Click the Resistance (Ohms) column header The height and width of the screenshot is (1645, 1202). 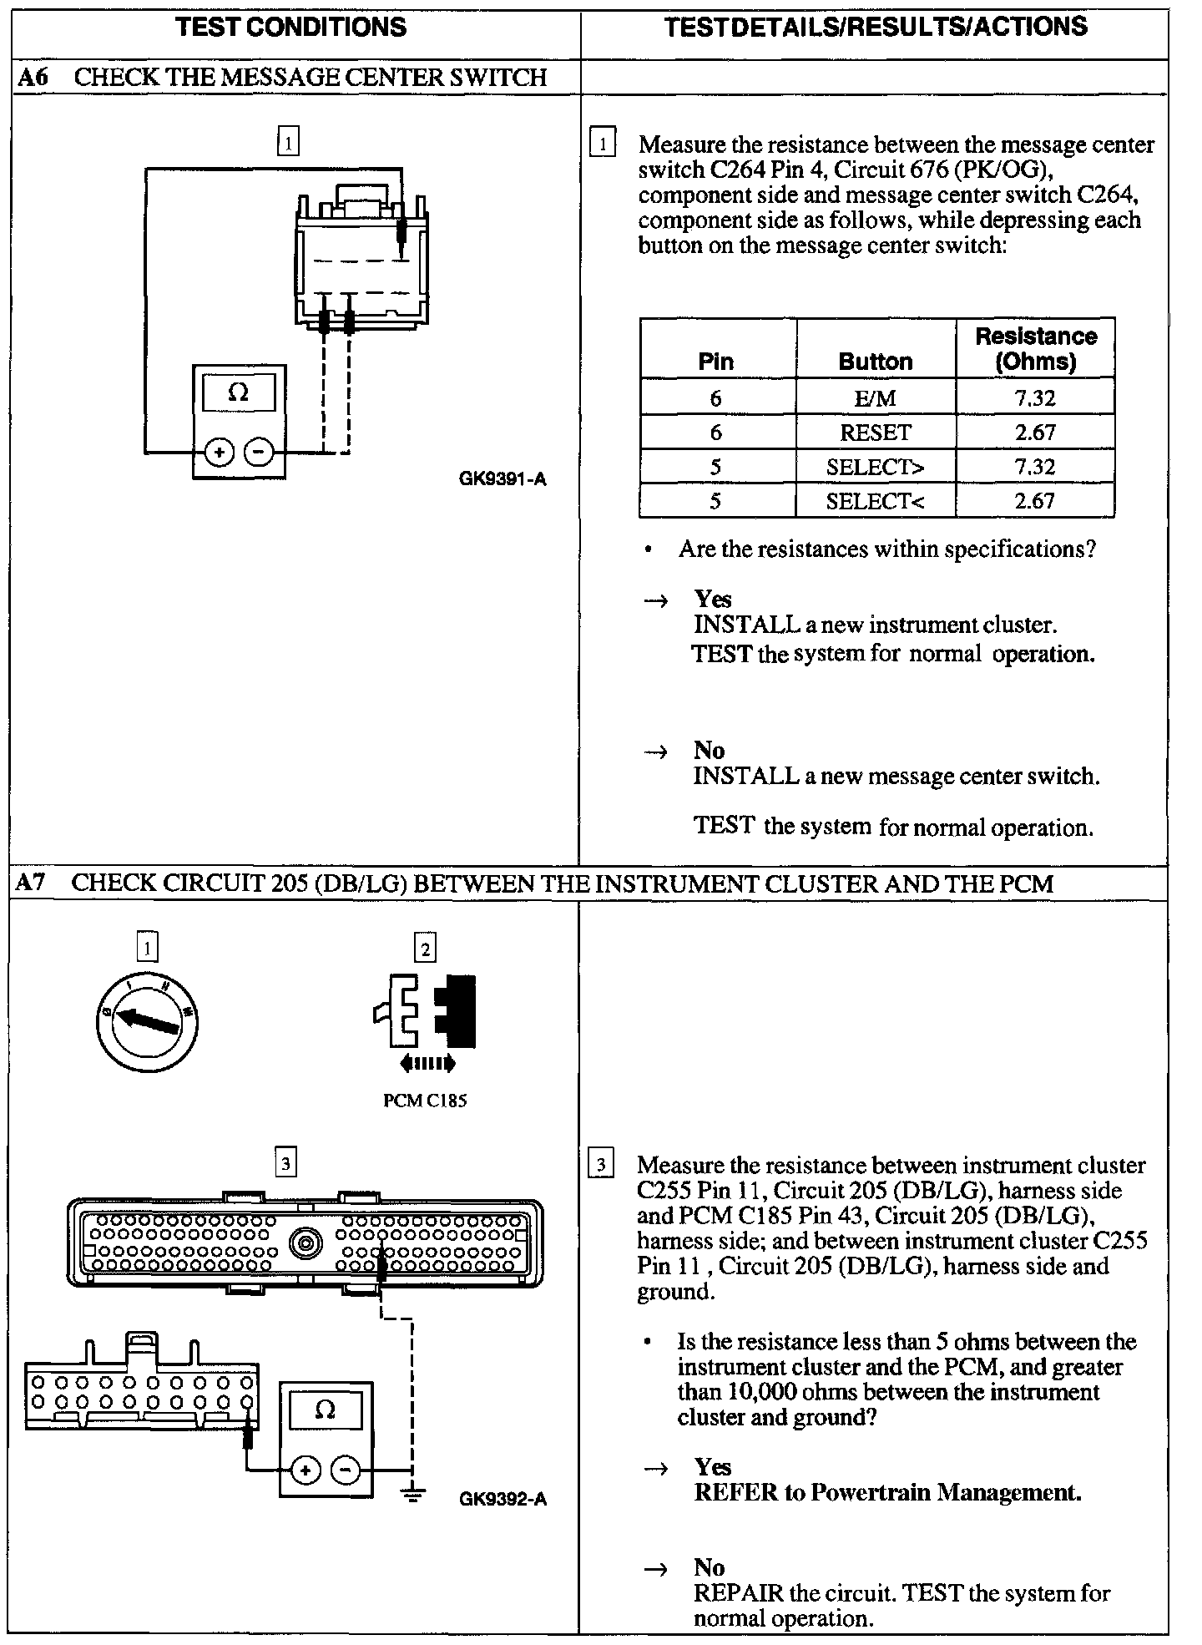click(1035, 348)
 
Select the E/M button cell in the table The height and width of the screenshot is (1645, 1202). click(875, 398)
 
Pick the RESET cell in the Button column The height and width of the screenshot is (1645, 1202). click(875, 433)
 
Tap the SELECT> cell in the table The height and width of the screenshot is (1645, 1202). click(875, 467)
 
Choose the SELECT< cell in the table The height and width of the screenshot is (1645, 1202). click(875, 501)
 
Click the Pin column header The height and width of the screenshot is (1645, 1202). click(716, 362)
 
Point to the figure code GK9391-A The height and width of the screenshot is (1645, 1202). click(503, 479)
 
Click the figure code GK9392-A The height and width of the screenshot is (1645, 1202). click(503, 1499)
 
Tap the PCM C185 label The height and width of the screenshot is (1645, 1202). click(425, 1101)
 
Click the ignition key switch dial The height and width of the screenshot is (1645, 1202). click(147, 1020)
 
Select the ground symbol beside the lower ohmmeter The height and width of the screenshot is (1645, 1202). click(412, 1493)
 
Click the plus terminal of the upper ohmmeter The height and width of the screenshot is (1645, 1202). click(220, 453)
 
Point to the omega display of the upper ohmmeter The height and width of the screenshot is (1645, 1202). click(239, 392)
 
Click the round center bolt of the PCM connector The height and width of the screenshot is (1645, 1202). click(306, 1243)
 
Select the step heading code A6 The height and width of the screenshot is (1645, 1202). click(33, 77)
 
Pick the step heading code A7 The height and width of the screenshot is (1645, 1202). click(32, 883)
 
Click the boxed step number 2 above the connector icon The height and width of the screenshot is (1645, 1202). click(425, 949)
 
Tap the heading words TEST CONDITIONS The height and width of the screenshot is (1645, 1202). click(291, 27)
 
